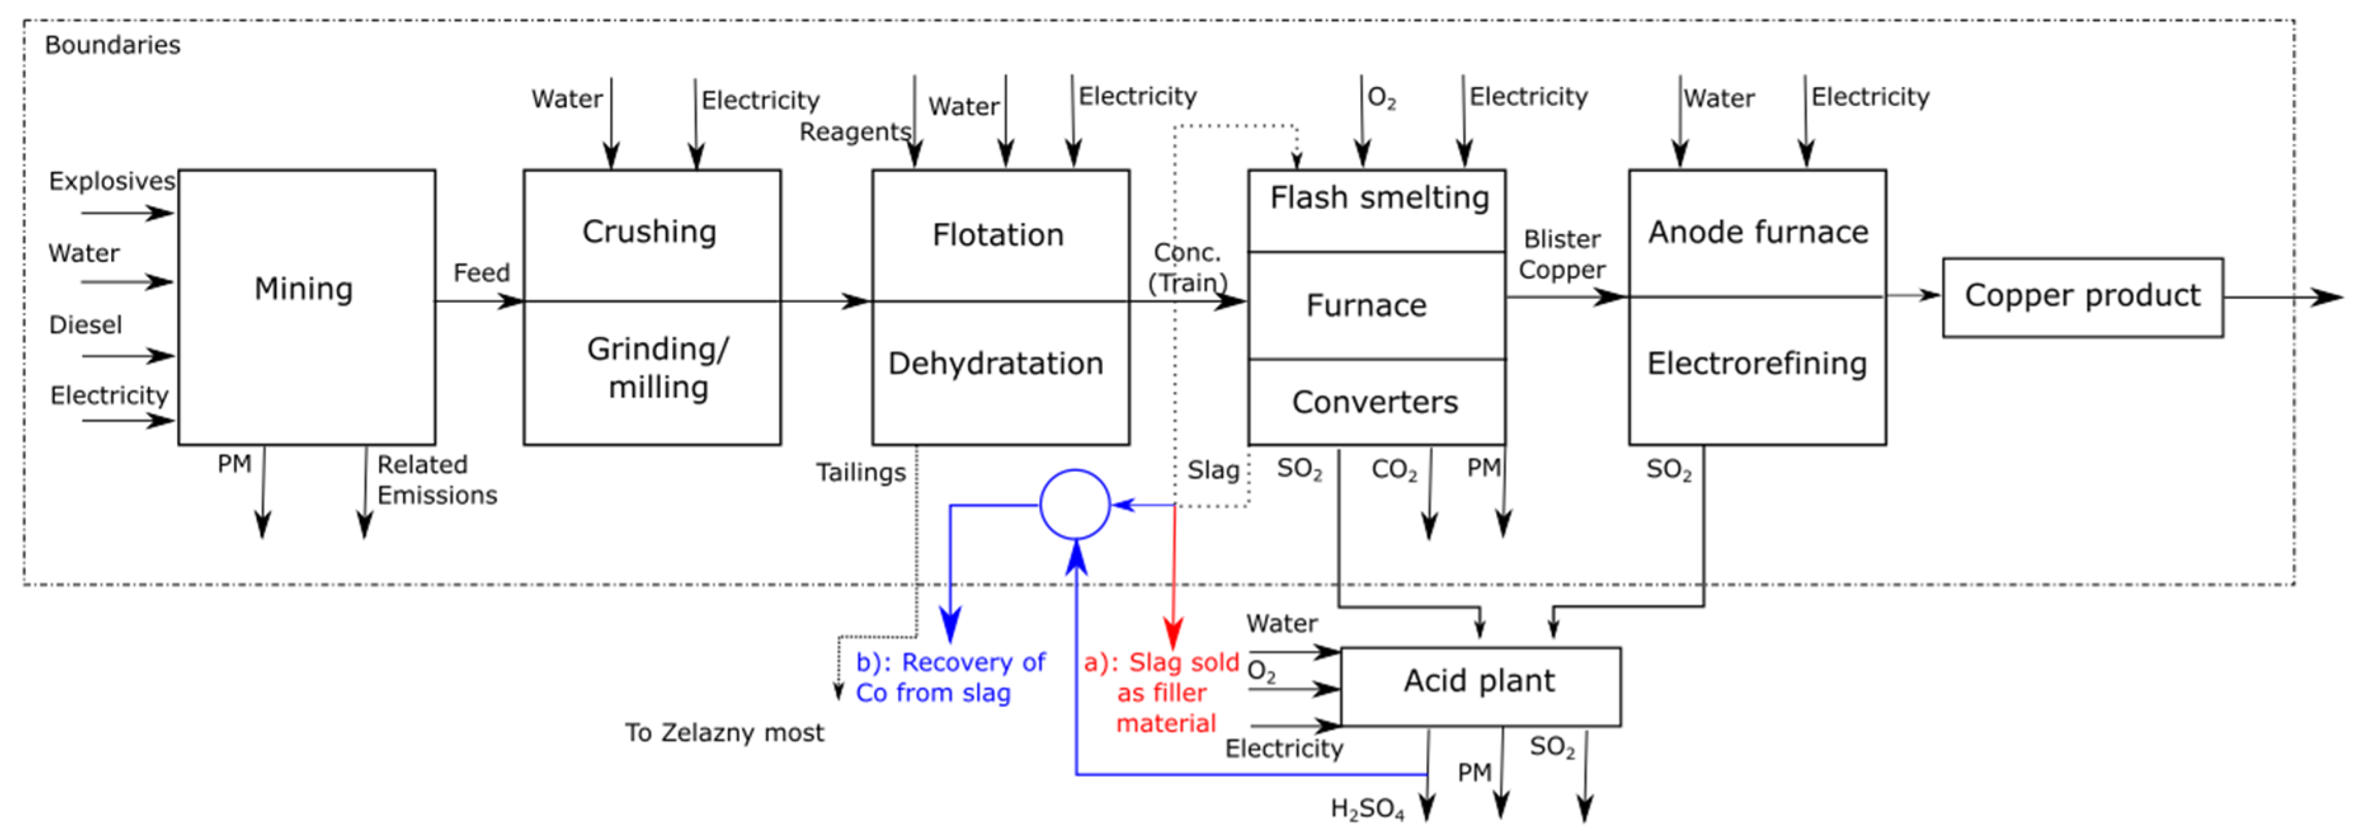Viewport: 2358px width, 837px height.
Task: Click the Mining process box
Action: [x=306, y=306]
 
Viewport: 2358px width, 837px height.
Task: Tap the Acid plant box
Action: [x=1480, y=685]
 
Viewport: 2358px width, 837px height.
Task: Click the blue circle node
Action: [x=1075, y=504]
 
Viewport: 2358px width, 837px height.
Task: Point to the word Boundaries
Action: [x=112, y=45]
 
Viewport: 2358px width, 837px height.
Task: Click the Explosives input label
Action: [x=112, y=181]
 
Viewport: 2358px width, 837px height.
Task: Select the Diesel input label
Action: [x=85, y=325]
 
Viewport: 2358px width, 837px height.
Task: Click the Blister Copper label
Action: [x=1561, y=254]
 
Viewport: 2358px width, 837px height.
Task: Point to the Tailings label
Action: [x=861, y=472]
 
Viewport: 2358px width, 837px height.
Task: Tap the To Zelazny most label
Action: [x=724, y=732]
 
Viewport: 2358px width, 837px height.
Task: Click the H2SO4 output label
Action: [x=1367, y=808]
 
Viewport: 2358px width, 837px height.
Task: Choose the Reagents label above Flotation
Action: [x=855, y=132]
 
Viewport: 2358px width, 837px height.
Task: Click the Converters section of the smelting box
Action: [x=1375, y=402]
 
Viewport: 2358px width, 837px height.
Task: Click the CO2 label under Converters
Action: [x=1393, y=470]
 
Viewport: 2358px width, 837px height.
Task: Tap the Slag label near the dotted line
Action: [x=1213, y=470]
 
